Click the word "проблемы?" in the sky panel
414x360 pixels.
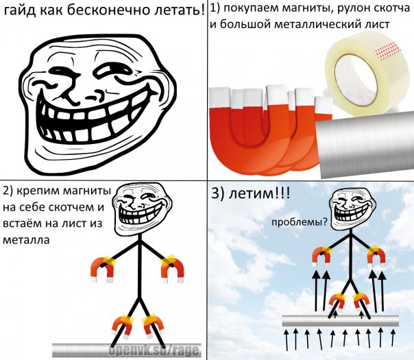pos(299,223)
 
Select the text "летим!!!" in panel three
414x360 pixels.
pos(251,193)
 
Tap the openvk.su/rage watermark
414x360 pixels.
pos(155,350)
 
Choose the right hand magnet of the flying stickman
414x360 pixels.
pos(376,255)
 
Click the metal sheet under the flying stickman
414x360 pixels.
pos(341,320)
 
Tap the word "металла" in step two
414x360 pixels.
pos(26,240)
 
